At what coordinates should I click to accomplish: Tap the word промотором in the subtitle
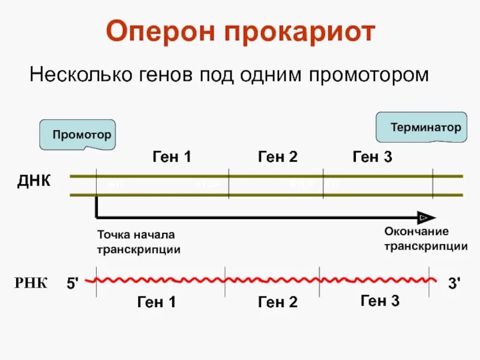[x=370, y=76]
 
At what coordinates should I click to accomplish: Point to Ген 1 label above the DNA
[x=172, y=157]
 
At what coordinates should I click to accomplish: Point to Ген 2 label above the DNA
[x=278, y=157]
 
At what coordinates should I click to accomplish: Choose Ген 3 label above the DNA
[x=372, y=157]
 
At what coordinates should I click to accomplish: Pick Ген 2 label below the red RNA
[x=278, y=302]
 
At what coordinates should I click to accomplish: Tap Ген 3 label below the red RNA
[x=380, y=300]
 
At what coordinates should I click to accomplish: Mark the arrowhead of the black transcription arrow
[x=427, y=217]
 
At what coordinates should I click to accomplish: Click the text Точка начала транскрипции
[x=139, y=242]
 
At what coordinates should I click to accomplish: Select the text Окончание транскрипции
[x=425, y=238]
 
